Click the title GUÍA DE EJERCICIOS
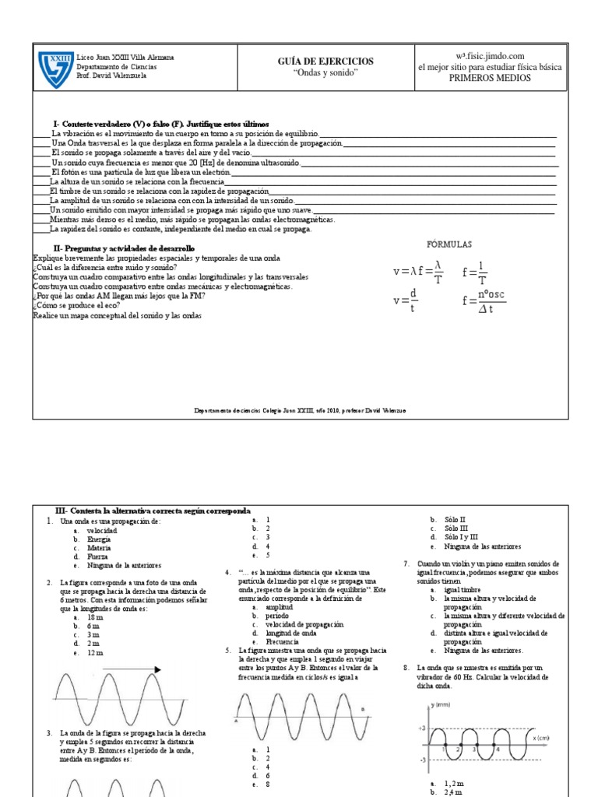pos(325,61)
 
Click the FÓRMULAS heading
pos(449,244)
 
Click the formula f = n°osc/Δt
pos(483,301)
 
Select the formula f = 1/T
pos(476,273)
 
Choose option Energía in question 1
pos(99,539)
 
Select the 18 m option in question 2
pos(97,617)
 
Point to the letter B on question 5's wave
pos(362,708)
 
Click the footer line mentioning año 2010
pos(300,410)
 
